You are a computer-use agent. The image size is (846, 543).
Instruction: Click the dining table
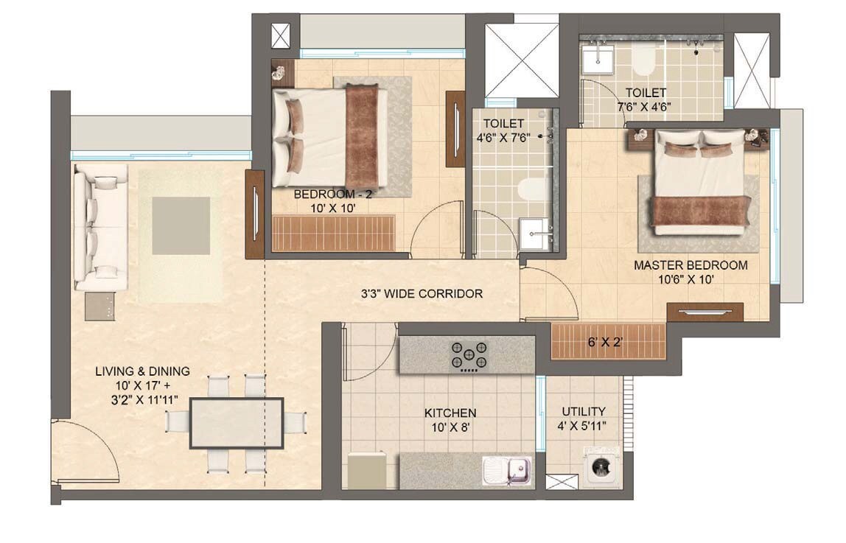tap(236, 423)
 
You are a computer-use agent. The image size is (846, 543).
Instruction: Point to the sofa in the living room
tap(100, 226)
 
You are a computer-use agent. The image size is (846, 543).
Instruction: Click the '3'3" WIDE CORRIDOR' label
tap(422, 293)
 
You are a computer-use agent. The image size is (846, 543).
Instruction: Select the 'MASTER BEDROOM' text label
tap(691, 265)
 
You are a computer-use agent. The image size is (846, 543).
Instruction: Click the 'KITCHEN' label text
tap(450, 413)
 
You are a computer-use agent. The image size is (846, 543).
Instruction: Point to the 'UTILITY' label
tap(584, 411)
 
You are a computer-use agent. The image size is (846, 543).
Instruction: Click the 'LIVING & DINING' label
tap(142, 371)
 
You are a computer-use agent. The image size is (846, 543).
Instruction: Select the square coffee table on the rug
tap(181, 225)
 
